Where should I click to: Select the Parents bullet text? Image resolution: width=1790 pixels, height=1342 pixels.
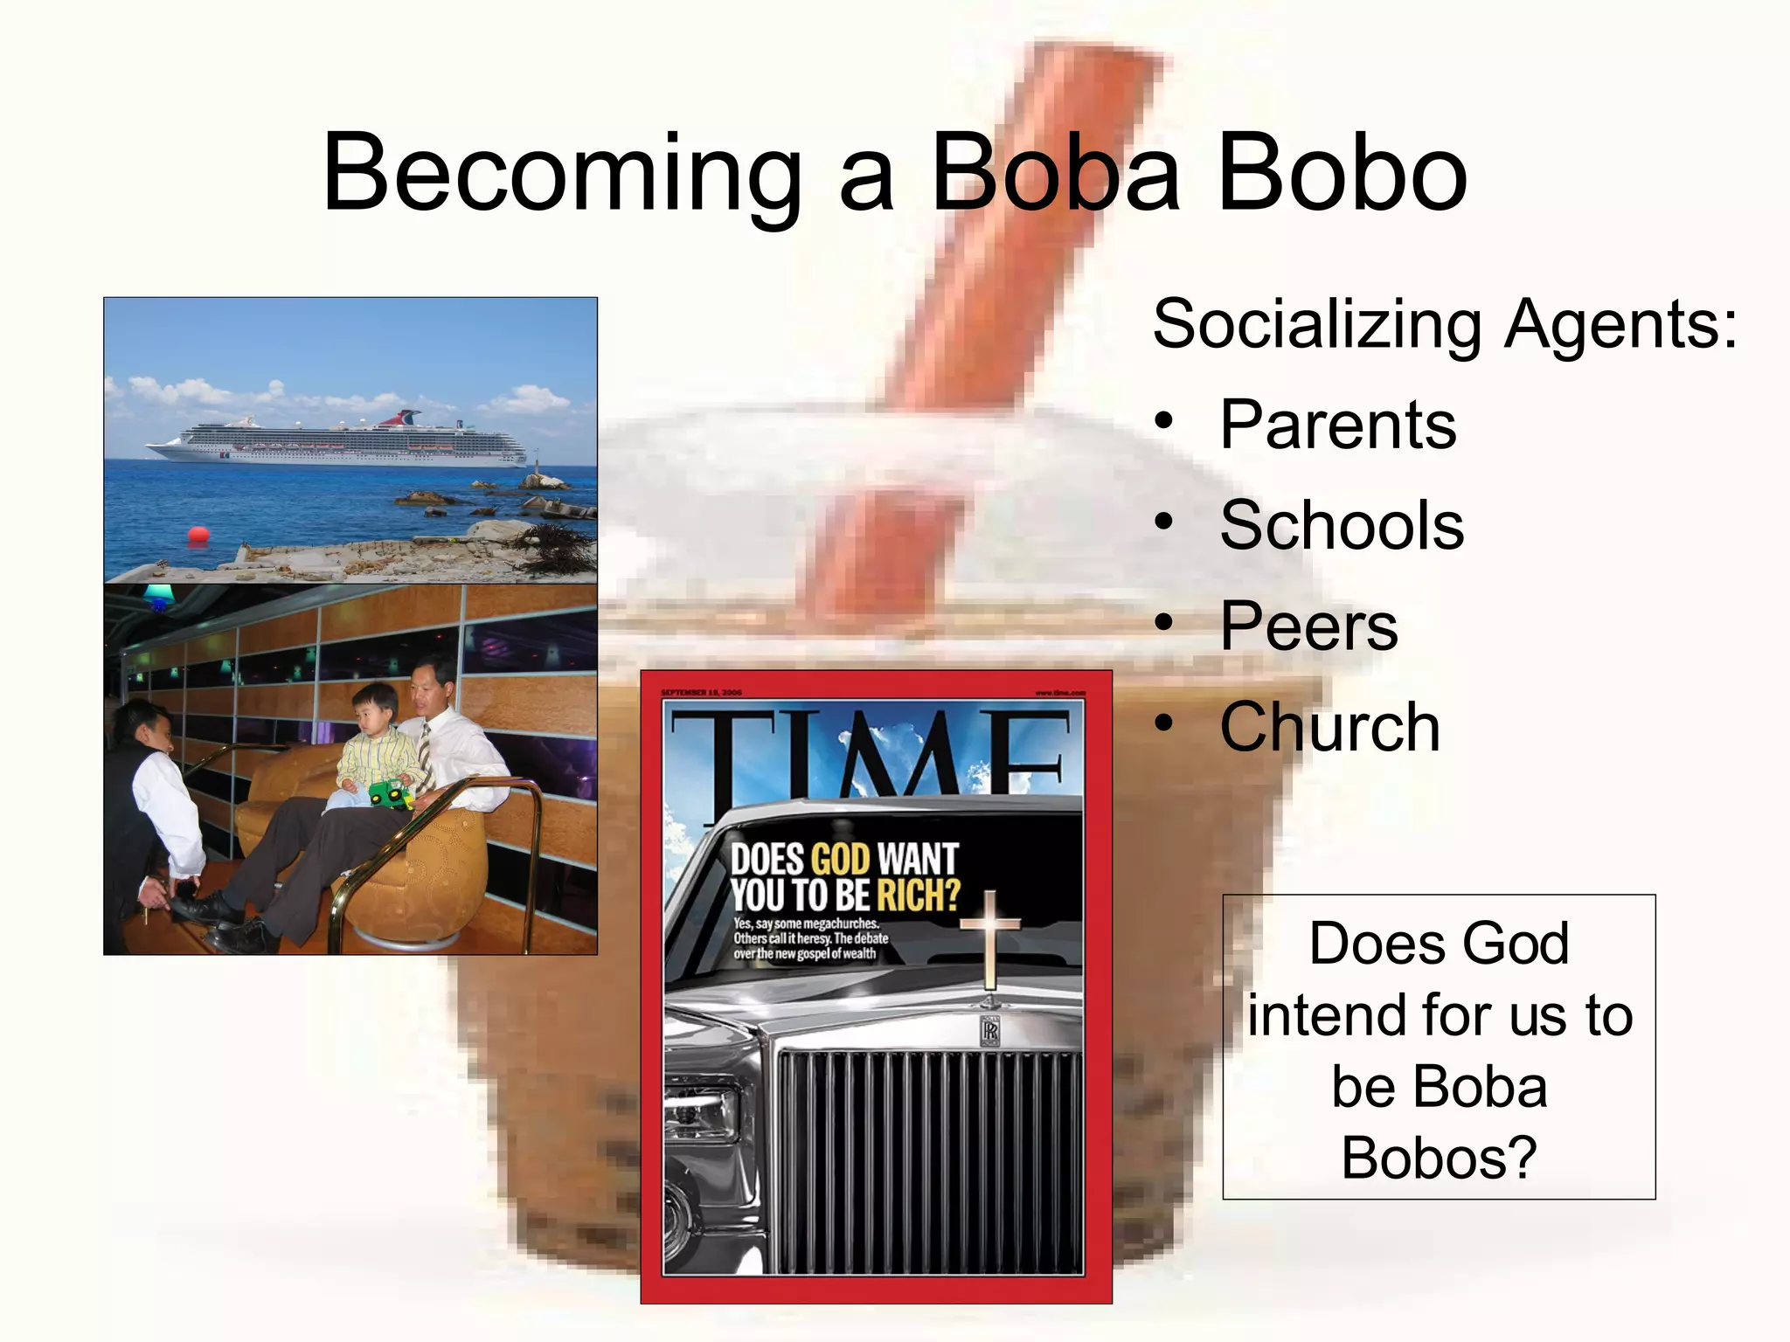[1338, 425]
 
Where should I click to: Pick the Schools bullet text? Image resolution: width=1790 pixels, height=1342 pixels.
[1342, 525]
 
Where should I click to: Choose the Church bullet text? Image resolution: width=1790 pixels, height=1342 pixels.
[1329, 727]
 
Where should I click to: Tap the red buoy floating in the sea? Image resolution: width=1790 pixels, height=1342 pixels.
[198, 534]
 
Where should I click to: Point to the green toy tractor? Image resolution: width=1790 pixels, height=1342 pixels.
[390, 793]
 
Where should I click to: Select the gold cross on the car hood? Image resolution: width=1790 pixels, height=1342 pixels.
[989, 939]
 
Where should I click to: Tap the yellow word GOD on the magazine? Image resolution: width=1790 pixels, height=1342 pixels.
[841, 859]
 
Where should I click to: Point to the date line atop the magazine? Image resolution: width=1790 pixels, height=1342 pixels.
[701, 692]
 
